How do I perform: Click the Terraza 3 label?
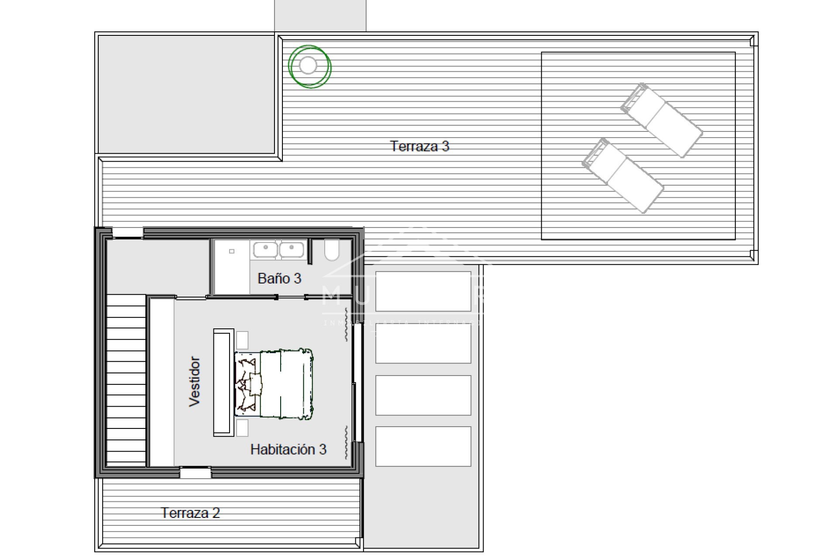[419, 146]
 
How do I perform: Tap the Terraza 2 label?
[190, 513]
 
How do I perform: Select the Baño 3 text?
[279, 278]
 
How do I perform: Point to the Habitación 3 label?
[288, 449]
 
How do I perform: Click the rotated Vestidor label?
[194, 382]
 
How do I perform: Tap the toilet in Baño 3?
[332, 249]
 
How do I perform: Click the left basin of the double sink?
[265, 250]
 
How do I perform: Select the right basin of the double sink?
[292, 250]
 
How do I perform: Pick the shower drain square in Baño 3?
[232, 251]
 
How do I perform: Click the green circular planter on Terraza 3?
[309, 66]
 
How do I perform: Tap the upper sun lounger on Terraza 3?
[662, 120]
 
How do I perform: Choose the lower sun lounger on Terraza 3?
[623, 176]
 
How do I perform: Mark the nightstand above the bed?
[242, 340]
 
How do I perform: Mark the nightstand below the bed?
[242, 428]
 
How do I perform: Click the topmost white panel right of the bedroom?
[423, 291]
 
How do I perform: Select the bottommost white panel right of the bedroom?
[423, 446]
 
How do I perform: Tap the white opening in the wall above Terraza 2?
[196, 473]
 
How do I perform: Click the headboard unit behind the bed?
[223, 383]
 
